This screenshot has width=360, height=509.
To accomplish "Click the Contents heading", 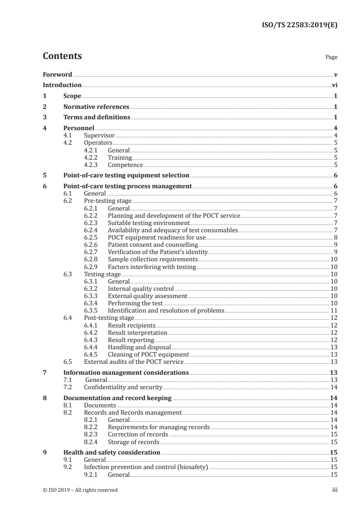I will (62, 56).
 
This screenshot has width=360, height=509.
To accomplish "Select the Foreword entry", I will (57, 74).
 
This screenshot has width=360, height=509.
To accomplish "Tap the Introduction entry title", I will (62, 85).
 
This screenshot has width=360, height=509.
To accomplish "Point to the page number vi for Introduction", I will (334, 85).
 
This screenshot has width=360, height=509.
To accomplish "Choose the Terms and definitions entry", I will (97, 117).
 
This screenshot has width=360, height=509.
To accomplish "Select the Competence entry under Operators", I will (125, 165).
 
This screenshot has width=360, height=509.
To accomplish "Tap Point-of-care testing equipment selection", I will (126, 176).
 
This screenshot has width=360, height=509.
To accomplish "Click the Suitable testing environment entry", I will (148, 223).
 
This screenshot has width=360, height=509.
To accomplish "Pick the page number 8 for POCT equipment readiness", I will (335, 237).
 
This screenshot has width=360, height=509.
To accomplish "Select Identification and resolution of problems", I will (166, 310).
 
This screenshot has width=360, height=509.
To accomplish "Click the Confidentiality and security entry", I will (123, 387).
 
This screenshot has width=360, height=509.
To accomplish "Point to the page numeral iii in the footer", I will (335, 490).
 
